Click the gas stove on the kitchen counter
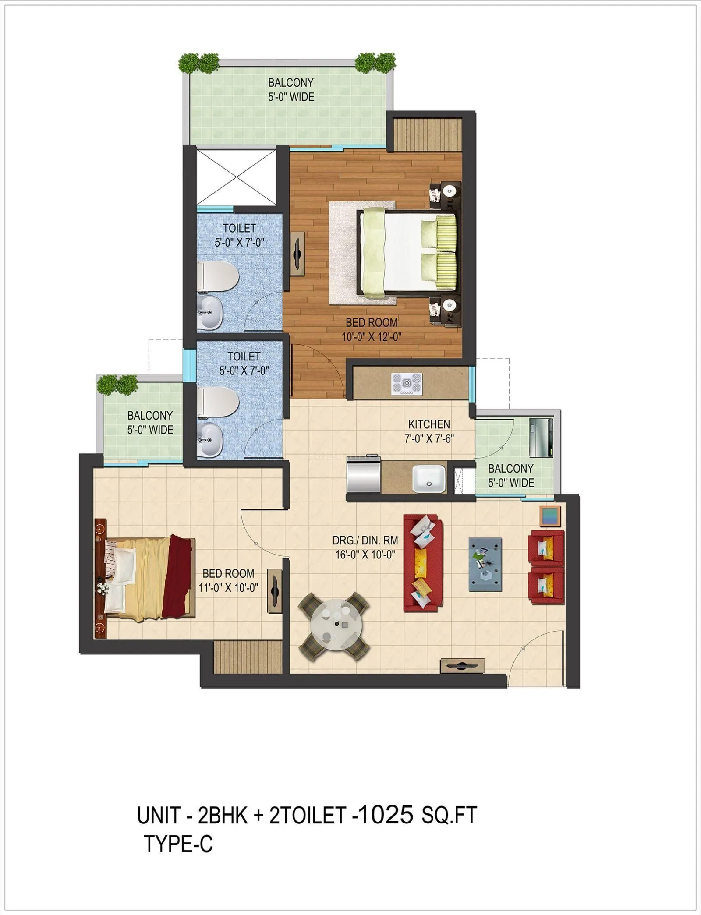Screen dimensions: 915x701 (x=407, y=385)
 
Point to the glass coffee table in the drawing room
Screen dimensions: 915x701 (x=485, y=565)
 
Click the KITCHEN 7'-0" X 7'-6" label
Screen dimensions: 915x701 (x=429, y=431)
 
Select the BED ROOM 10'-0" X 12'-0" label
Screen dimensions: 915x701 (x=372, y=329)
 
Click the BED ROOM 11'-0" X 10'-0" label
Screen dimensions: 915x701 (x=228, y=580)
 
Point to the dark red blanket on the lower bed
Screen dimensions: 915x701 (x=177, y=577)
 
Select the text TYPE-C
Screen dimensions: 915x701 (x=178, y=843)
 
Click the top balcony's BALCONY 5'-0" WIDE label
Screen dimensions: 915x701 (x=291, y=89)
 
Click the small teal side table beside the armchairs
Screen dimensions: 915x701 (x=550, y=517)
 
